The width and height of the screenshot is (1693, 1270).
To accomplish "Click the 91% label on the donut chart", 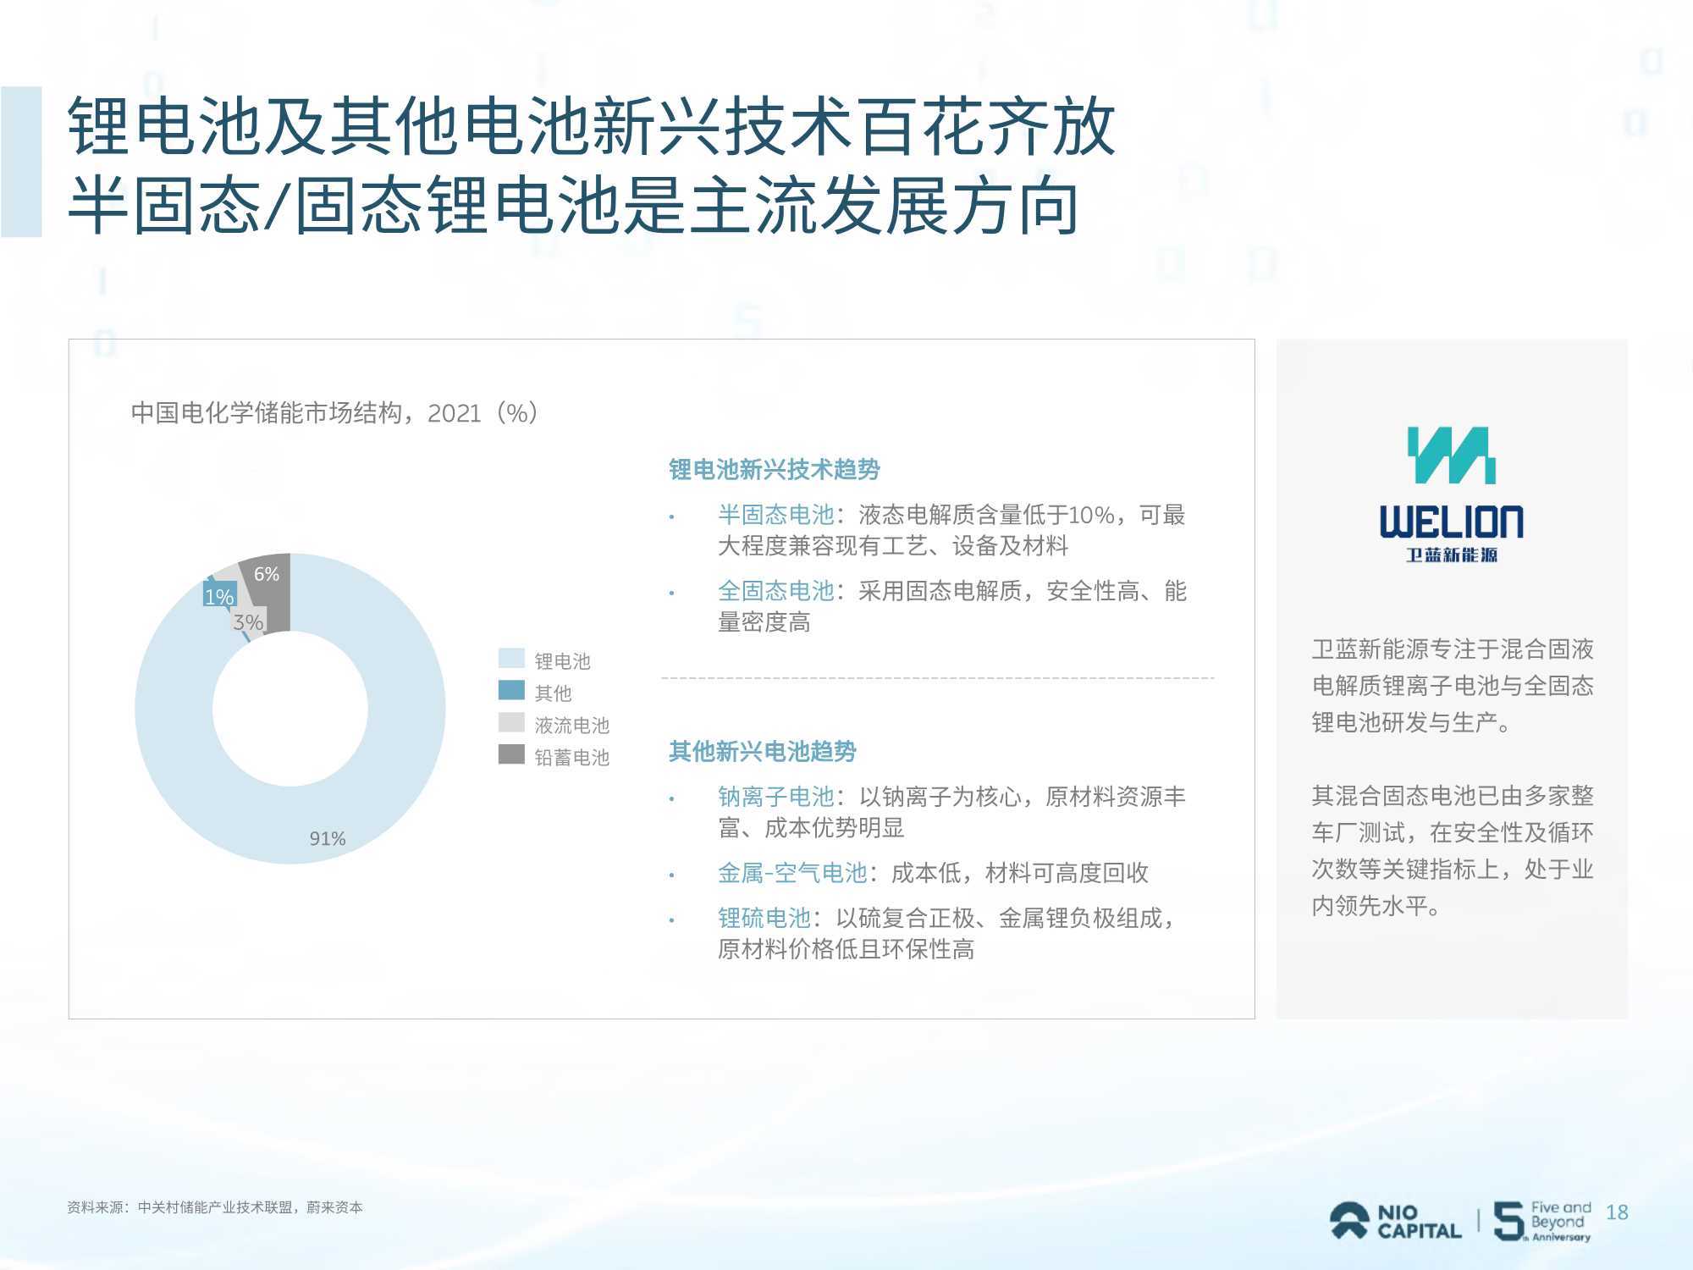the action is (x=328, y=838).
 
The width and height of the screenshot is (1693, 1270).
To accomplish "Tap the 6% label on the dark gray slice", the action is (x=267, y=574).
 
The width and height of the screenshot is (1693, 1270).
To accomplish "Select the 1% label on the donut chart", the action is (x=219, y=597).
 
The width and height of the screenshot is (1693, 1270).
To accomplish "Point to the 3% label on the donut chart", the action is (x=248, y=622).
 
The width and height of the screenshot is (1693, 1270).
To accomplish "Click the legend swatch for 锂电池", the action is (x=511, y=659).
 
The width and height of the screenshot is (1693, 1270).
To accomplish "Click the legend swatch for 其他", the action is (x=511, y=690).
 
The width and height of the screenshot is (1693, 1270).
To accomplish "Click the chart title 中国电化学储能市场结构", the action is (x=266, y=413).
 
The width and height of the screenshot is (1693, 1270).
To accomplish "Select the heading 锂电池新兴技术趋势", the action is (x=775, y=469).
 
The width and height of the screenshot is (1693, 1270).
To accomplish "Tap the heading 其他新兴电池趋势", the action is (x=763, y=751).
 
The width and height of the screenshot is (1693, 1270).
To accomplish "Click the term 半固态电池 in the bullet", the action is (x=776, y=515).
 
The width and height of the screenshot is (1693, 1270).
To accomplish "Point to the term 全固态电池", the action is (x=776, y=591).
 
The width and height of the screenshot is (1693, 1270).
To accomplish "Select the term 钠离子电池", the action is (x=776, y=797).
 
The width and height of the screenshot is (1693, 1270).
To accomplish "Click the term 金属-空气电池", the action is (x=792, y=873).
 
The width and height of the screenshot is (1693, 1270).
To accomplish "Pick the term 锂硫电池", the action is (x=764, y=918).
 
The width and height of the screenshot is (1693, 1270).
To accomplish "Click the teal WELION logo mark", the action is (x=1451, y=456).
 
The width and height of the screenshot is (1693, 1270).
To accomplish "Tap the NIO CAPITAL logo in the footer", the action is (x=1395, y=1222).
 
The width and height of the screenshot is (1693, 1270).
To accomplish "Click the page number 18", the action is (x=1617, y=1212).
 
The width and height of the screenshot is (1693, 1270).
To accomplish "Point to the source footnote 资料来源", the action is (x=215, y=1207).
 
